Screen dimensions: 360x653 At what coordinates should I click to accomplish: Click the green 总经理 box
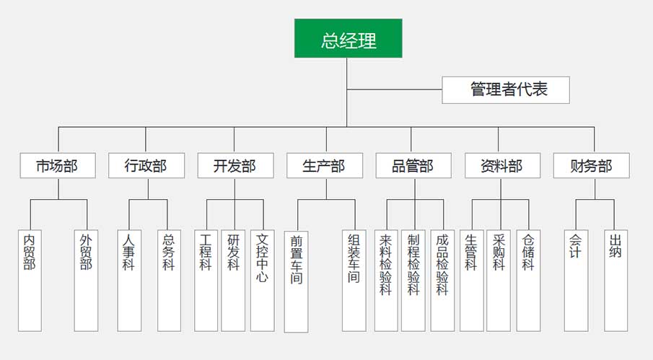[x=348, y=38]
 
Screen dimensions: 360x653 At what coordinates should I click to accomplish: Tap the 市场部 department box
[x=57, y=166]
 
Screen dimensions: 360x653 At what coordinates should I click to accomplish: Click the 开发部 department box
[x=235, y=166]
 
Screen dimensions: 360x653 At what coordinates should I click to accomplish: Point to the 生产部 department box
[x=325, y=166]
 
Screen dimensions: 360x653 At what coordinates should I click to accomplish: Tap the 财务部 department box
[x=591, y=166]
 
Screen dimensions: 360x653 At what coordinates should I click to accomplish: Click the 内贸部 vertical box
[x=30, y=280]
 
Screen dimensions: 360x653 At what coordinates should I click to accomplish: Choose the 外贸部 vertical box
[x=86, y=280]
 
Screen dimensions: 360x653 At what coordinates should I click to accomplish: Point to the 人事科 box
[x=129, y=280]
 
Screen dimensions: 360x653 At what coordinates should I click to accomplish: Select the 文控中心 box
[x=262, y=280]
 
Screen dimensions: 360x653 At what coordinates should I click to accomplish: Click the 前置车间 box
[x=296, y=281]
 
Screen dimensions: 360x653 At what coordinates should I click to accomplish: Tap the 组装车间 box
[x=354, y=280]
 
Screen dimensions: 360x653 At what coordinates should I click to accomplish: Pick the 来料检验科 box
[x=386, y=280]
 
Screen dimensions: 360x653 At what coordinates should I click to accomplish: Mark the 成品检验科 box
[x=442, y=280]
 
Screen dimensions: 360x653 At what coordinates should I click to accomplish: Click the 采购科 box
[x=499, y=280]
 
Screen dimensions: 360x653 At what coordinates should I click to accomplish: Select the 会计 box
[x=576, y=280]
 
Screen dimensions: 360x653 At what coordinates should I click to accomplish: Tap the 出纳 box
[x=615, y=280]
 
